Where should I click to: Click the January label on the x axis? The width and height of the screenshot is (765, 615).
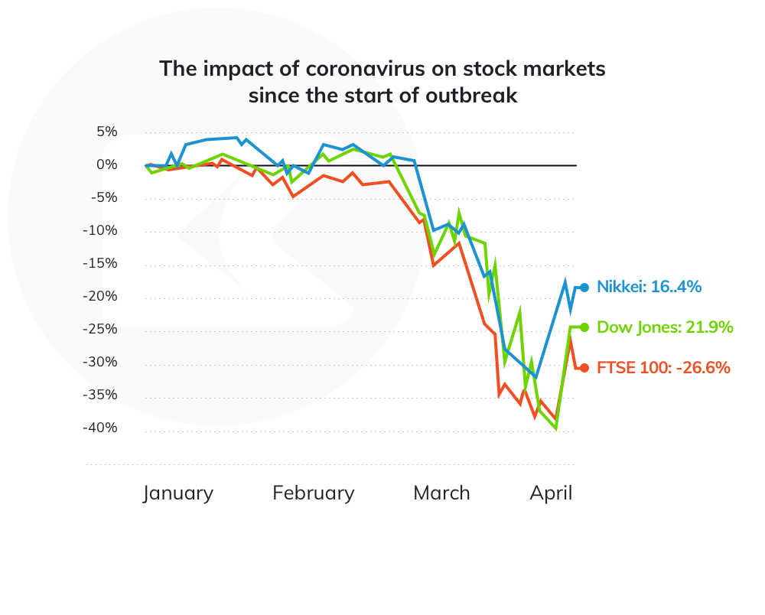coord(178,493)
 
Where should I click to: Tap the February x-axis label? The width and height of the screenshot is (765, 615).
coord(314,493)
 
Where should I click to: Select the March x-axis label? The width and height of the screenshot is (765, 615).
coord(441,493)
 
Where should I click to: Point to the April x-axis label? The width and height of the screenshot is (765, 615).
coord(551,493)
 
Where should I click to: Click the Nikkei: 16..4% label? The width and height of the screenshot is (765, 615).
coord(649,288)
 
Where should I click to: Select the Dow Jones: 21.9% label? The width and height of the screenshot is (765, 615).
coord(665,327)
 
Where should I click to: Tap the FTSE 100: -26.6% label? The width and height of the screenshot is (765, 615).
coord(663,368)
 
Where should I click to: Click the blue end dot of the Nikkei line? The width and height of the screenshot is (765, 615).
coord(584,288)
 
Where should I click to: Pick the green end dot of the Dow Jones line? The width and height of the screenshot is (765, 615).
coord(584,327)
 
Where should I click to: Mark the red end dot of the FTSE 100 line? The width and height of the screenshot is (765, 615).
coord(584,368)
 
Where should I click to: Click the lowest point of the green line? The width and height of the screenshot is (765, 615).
coord(556,428)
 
